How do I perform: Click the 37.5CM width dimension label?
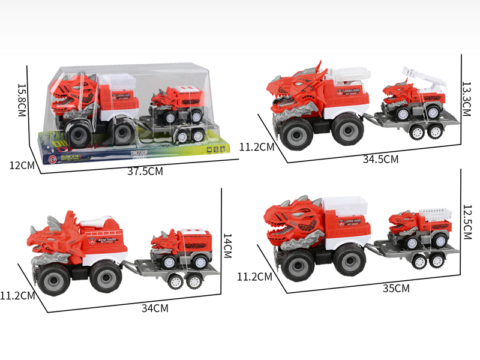145,172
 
